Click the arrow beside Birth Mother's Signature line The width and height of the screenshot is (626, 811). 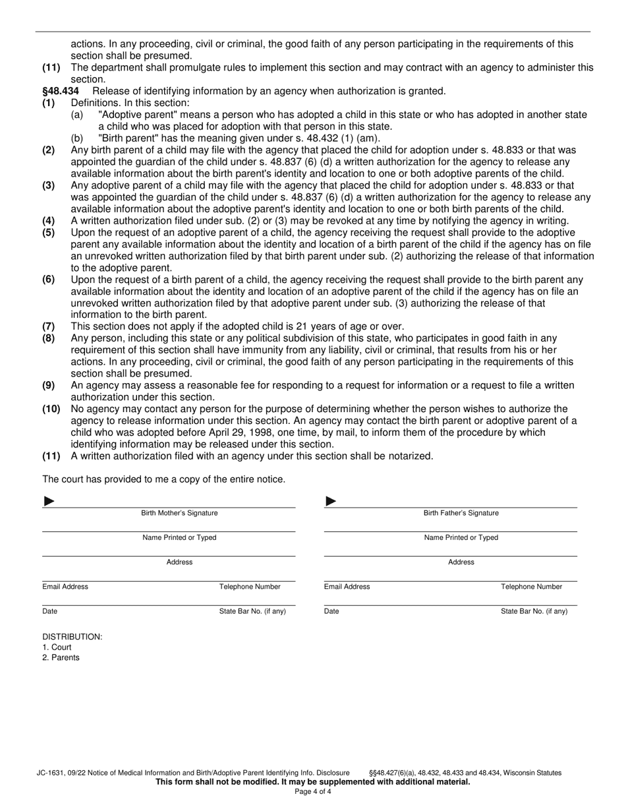49,502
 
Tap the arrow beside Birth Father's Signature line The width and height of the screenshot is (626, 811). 331,502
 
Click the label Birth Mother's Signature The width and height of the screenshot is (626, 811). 179,513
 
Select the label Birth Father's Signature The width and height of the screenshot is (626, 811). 461,513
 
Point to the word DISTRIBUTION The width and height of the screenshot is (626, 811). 72,637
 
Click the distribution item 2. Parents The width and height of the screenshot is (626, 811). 61,658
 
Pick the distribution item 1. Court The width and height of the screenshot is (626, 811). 57,647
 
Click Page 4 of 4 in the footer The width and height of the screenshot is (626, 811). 312,792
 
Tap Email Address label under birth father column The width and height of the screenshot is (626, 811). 347,587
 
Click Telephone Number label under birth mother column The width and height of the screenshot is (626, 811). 250,587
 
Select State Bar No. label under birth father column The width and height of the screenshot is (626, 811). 534,611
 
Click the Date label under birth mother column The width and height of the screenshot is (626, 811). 49,611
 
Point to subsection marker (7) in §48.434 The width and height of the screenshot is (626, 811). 48,326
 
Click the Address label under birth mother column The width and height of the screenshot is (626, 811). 179,562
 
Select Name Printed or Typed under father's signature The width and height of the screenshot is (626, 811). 461,537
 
